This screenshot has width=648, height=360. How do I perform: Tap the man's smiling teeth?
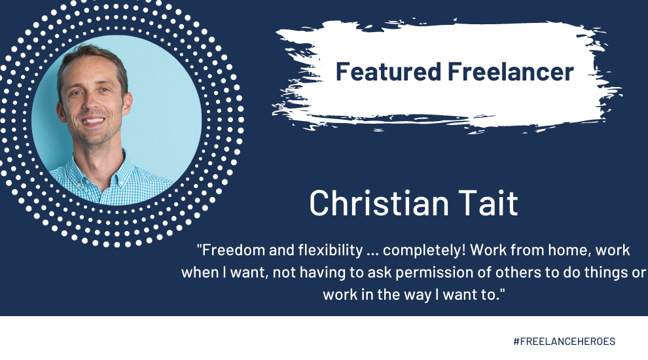pyautogui.click(x=94, y=122)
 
